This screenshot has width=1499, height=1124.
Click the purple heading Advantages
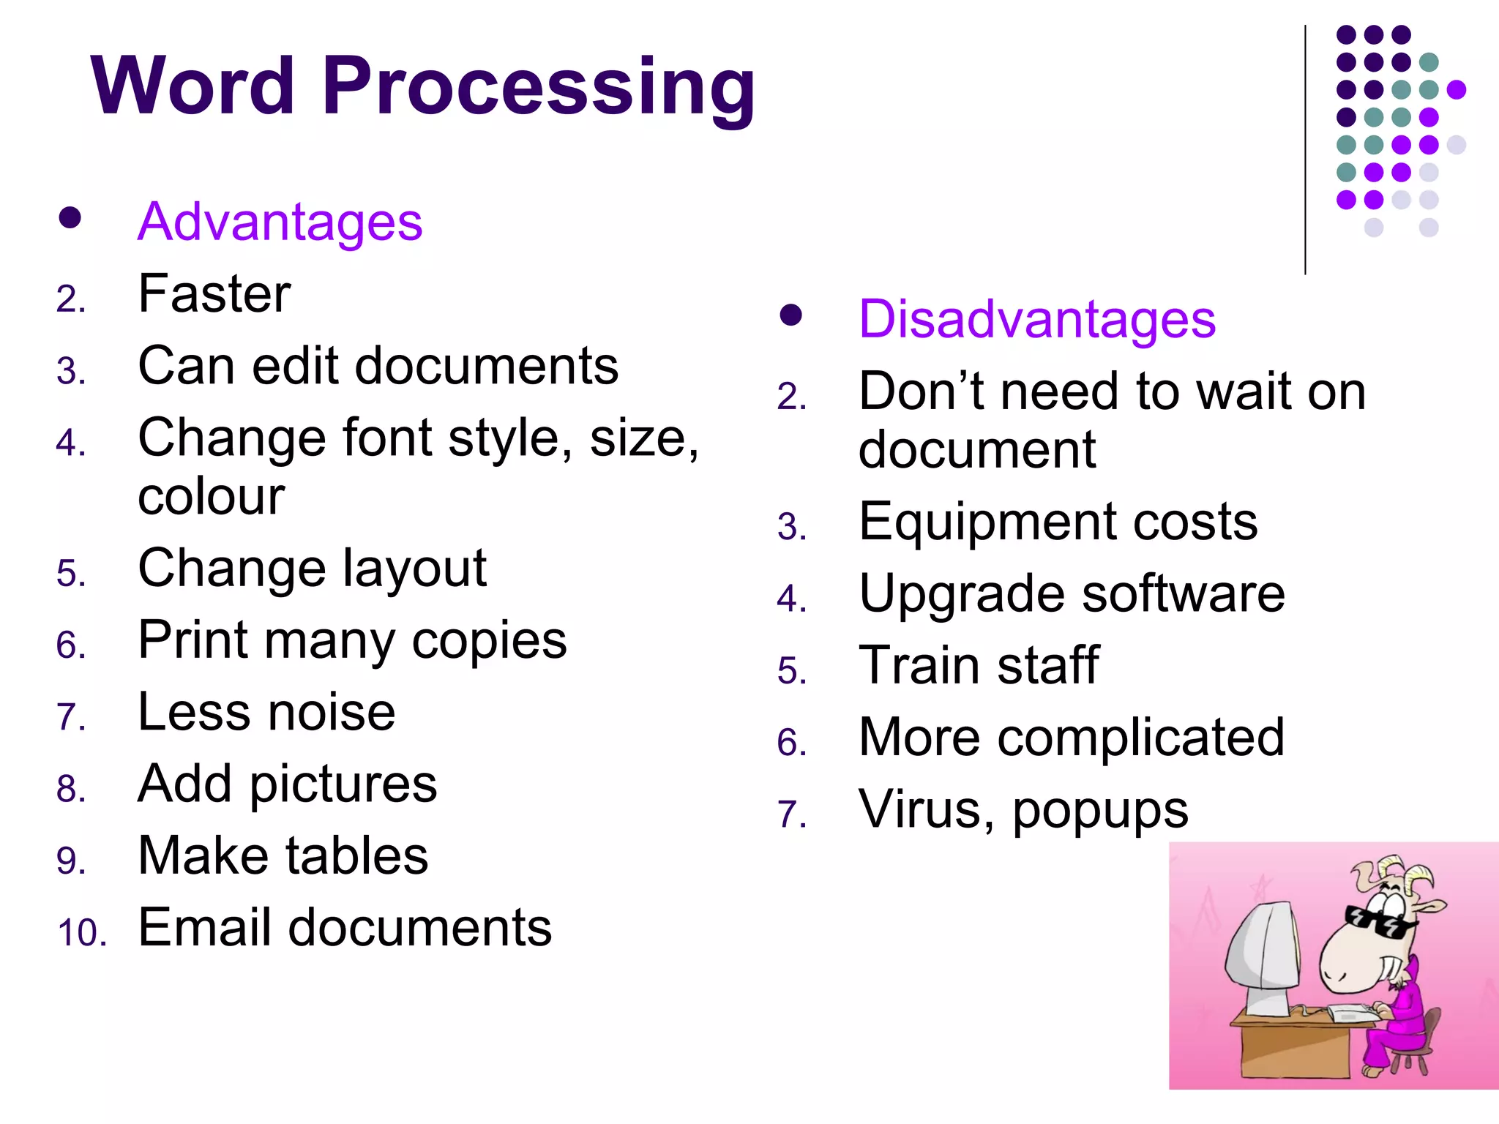[x=280, y=222]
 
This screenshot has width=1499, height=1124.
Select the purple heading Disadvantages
[x=1036, y=319]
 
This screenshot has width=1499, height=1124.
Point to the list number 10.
[x=81, y=933]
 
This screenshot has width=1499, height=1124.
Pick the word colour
[x=211, y=497]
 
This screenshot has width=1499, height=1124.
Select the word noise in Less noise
[x=332, y=712]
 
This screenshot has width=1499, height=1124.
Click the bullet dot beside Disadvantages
[x=790, y=315]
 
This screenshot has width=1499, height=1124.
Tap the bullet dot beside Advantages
[x=70, y=218]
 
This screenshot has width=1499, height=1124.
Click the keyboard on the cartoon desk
[x=1353, y=1014]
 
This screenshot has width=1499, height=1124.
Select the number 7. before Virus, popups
[x=792, y=814]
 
